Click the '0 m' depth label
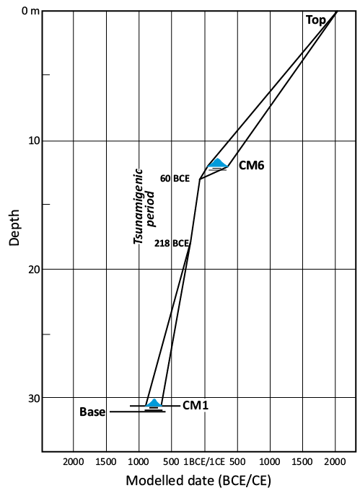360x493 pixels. click(x=30, y=11)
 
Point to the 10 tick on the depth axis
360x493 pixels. click(x=35, y=141)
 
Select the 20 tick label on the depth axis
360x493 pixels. click(x=34, y=269)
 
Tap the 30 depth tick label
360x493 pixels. click(x=34, y=399)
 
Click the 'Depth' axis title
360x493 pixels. click(x=14, y=227)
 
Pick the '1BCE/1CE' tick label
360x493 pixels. click(x=204, y=461)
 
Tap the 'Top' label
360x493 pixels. click(x=316, y=20)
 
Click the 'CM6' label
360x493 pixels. click(x=252, y=165)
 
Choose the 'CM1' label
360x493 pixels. click(x=196, y=405)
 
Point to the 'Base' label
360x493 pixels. click(x=92, y=412)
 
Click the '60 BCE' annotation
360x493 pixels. click(x=175, y=179)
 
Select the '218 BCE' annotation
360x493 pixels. click(x=172, y=243)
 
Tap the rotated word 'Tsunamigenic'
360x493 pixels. click(x=138, y=207)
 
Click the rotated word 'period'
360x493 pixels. click(x=151, y=208)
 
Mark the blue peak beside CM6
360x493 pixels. click(x=217, y=163)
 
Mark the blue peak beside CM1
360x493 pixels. click(x=154, y=402)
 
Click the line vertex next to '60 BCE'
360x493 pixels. click(x=200, y=179)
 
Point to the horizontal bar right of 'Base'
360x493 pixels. click(x=138, y=412)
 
